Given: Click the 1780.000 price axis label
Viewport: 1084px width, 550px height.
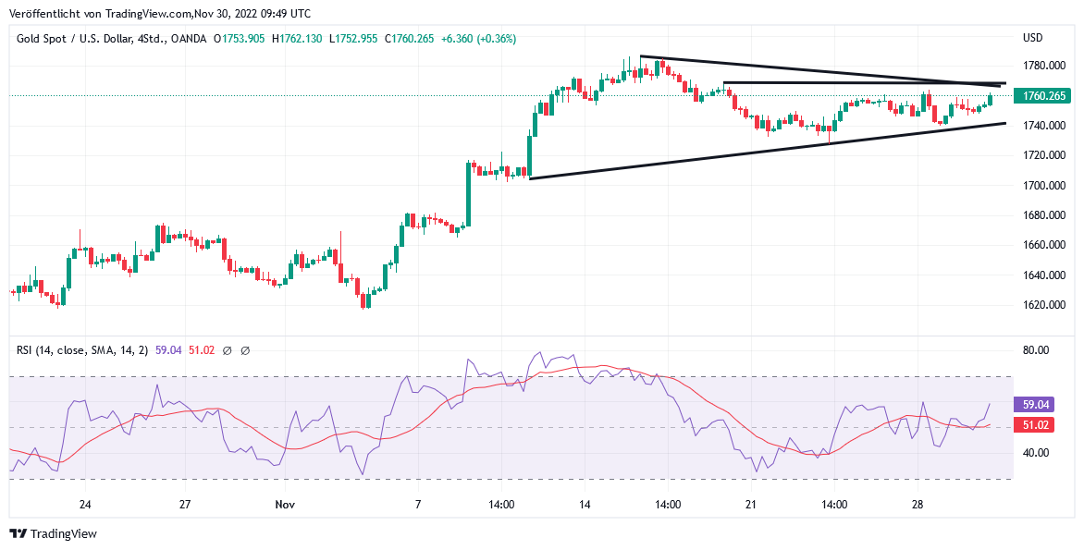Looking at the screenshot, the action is click(x=1043, y=66).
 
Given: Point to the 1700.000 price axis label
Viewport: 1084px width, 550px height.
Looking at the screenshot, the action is click(x=1043, y=185).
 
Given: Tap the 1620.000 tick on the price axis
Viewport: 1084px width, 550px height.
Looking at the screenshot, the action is click(x=1043, y=305).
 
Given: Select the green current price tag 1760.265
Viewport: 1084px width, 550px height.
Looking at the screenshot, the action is click(x=1041, y=96).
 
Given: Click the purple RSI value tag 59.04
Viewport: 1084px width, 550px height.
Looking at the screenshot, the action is click(x=1033, y=405).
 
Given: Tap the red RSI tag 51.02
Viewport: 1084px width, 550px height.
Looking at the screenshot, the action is click(x=1033, y=425).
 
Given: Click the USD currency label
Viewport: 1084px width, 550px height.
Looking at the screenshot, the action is click(x=1033, y=38).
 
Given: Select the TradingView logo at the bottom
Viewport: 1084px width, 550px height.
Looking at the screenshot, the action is click(x=54, y=533).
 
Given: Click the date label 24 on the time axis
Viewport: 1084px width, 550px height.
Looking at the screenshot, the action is click(x=85, y=505).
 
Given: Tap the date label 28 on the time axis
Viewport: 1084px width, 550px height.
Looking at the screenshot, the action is click(x=918, y=505).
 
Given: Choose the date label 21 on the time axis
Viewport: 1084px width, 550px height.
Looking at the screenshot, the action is click(x=751, y=505).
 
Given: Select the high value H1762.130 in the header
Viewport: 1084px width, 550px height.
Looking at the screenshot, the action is click(x=297, y=39).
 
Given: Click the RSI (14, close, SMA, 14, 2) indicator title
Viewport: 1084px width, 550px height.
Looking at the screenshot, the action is click(x=82, y=350).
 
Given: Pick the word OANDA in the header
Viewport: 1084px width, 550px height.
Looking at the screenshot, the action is click(x=188, y=39).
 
